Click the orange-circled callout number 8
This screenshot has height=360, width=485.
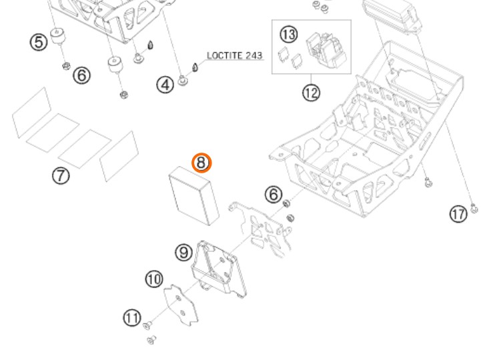click(201, 163)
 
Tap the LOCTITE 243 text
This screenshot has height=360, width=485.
click(234, 55)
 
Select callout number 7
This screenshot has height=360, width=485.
click(61, 175)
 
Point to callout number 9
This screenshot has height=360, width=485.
click(183, 252)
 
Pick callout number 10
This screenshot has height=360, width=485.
click(154, 279)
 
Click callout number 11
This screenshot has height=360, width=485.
click(131, 317)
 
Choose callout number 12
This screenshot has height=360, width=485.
click(310, 93)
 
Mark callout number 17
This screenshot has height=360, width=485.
click(458, 214)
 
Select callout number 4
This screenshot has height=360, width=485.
click(165, 85)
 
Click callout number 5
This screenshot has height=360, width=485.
click(39, 41)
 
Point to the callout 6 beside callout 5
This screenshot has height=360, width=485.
click(81, 75)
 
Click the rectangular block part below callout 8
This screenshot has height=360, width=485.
click(194, 195)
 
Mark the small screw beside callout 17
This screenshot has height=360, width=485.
click(474, 209)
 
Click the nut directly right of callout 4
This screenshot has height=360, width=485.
click(185, 83)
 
